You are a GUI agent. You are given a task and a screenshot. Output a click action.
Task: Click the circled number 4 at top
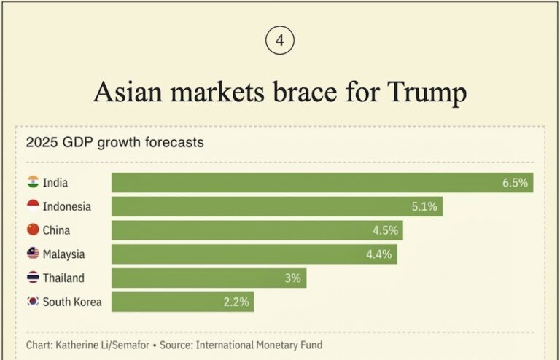pyautogui.click(x=280, y=41)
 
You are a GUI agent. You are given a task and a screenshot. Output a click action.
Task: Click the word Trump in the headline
pyautogui.click(x=427, y=92)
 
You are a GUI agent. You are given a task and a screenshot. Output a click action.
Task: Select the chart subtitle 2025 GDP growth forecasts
pyautogui.click(x=114, y=143)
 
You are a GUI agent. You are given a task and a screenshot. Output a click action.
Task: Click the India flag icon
pyautogui.click(x=33, y=182)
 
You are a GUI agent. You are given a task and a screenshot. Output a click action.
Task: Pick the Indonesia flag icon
pyautogui.click(x=33, y=206)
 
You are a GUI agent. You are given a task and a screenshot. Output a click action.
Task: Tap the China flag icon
pyautogui.click(x=33, y=230)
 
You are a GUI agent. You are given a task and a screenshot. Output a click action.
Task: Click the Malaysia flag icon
pyautogui.click(x=33, y=254)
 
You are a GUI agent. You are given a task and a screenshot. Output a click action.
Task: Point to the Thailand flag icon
pyautogui.click(x=33, y=278)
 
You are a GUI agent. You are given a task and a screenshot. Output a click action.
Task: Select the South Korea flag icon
pyautogui.click(x=33, y=301)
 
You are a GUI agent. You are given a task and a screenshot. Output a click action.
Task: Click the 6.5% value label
pyautogui.click(x=515, y=183)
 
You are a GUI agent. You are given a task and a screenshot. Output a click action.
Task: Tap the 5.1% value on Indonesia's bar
pyautogui.click(x=424, y=207)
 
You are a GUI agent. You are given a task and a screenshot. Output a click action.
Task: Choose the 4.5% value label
pyautogui.click(x=385, y=231)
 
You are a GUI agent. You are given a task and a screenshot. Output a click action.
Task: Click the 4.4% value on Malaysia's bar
pyautogui.click(x=379, y=254)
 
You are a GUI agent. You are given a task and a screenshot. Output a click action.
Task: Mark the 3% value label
pyautogui.click(x=293, y=278)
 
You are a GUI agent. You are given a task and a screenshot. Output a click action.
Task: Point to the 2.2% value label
pyautogui.click(x=236, y=302)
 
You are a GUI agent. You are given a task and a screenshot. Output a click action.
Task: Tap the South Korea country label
pyautogui.click(x=72, y=302)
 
